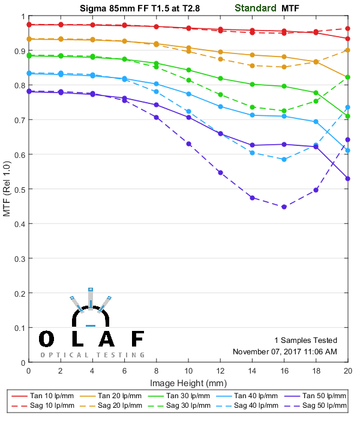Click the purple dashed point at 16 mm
coord(284,207)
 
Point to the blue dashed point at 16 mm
coord(284,159)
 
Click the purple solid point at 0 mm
coord(29,91)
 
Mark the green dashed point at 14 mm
coord(252,107)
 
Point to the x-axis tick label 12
coord(220,372)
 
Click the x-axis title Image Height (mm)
coord(188,383)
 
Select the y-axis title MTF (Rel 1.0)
coord(7,189)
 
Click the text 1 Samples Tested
coord(305,340)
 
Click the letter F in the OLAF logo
coord(137,339)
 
